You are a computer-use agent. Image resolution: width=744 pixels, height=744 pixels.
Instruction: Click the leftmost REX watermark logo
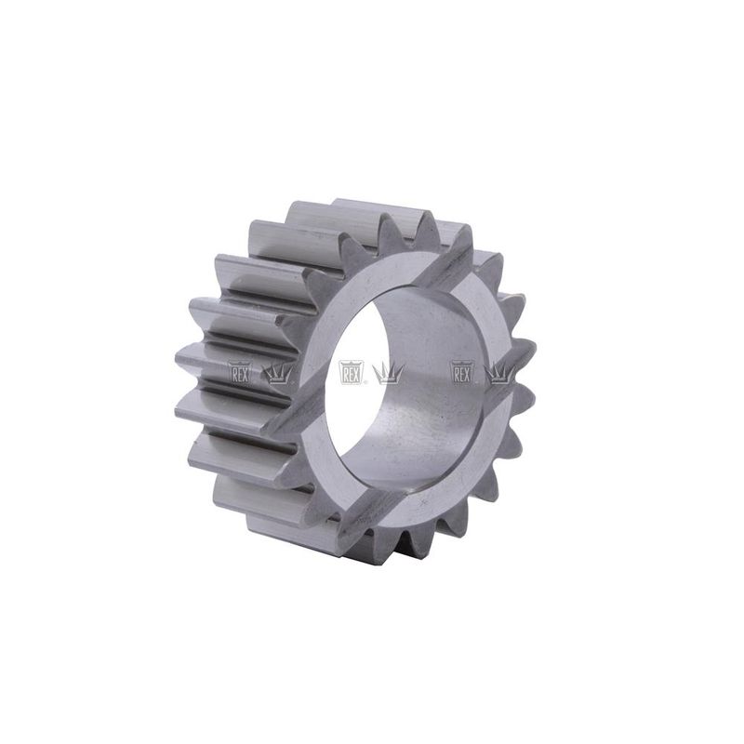coord(240,372)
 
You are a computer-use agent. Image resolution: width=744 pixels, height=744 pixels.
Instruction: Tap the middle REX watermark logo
coord(352,372)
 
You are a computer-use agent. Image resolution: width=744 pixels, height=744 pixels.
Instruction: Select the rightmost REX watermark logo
coord(462,372)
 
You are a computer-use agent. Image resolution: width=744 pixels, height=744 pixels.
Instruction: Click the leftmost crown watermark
coord(277,374)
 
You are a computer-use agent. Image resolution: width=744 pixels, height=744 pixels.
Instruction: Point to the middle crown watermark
coord(388,374)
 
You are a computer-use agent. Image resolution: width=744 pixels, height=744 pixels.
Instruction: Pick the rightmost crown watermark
coord(499,374)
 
